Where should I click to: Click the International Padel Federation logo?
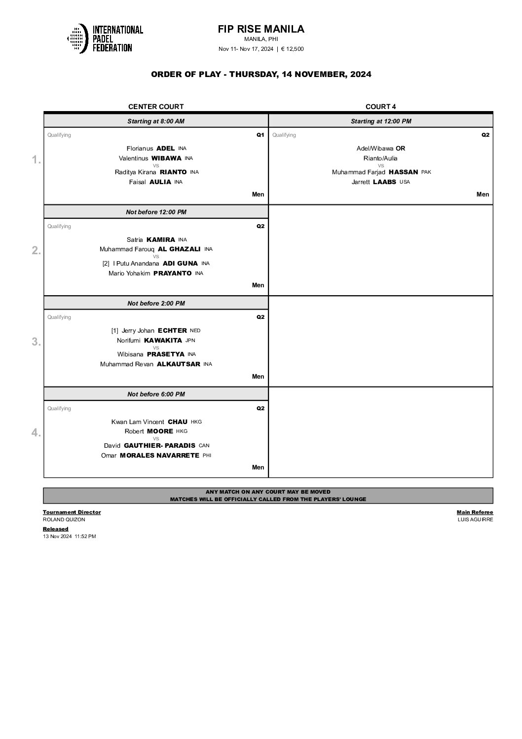[105, 38]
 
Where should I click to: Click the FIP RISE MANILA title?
[261, 29]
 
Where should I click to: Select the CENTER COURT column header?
[156, 107]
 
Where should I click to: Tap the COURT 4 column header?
[380, 107]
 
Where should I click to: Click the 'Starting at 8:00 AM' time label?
[156, 121]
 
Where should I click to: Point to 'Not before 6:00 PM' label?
[156, 394]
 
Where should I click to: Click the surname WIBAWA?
[166, 158]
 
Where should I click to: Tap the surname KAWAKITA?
[163, 340]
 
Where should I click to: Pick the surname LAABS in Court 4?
[384, 182]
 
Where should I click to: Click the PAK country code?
[426, 172]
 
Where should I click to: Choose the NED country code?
[195, 331]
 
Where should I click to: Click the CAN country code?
[204, 446]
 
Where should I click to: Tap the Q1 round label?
[260, 135]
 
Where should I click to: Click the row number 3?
[36, 342]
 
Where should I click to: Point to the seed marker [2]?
[106, 264]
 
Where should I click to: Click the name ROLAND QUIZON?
[64, 519]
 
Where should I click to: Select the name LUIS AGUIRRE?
[475, 519]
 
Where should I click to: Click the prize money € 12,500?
[292, 48]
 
